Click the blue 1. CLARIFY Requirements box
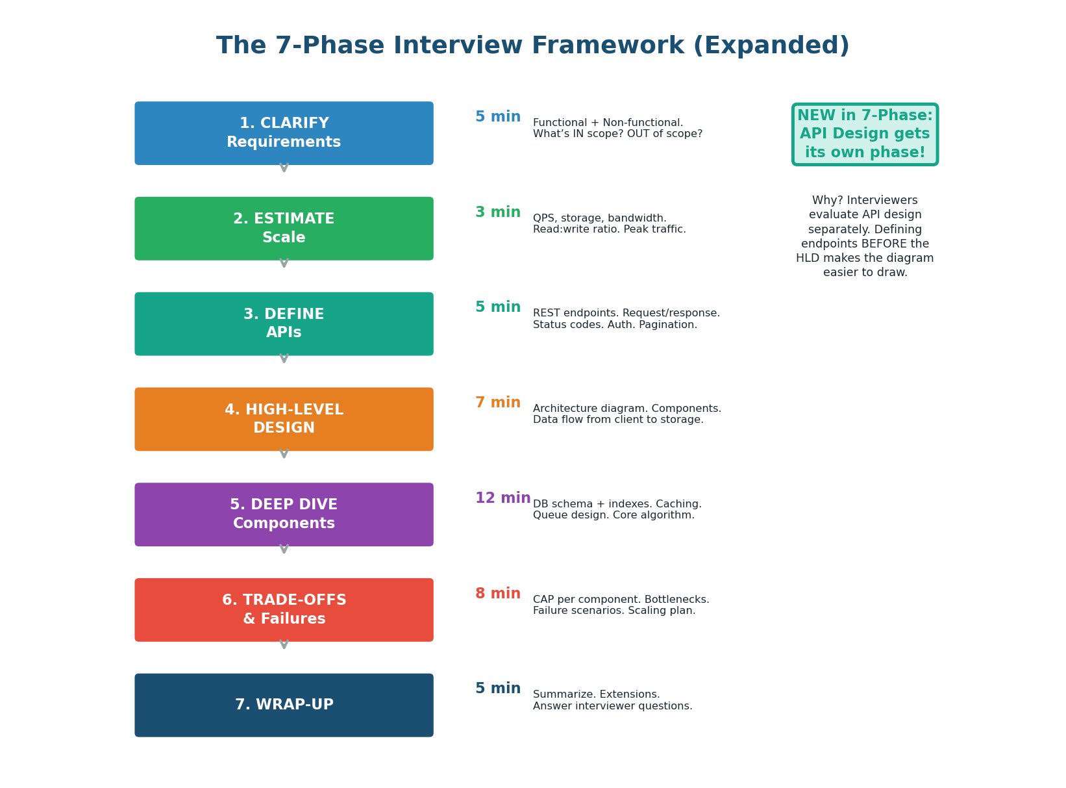284,133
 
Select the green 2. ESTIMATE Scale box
284,229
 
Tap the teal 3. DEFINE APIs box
284,324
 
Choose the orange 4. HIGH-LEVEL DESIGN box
284,419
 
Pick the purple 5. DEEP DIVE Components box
284,515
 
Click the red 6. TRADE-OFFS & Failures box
284,610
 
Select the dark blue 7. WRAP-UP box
284,705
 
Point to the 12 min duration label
502,498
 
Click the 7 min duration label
498,403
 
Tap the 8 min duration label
498,594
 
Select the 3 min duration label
498,212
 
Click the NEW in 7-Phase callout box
865,134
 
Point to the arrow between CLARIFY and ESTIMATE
284,168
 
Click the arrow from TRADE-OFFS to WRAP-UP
284,644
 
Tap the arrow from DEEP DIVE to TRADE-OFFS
284,549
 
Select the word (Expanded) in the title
771,46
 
